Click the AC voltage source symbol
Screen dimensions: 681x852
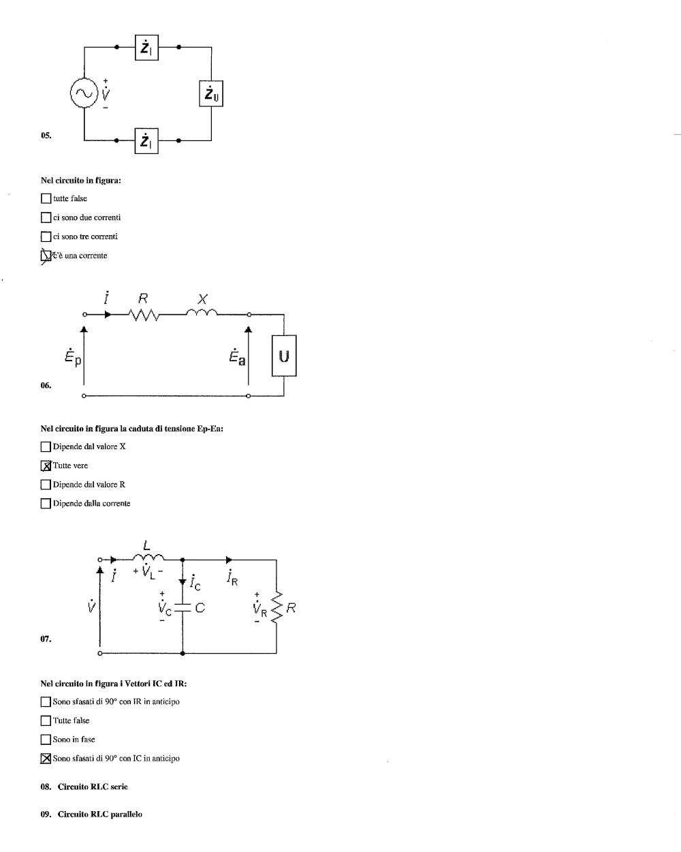point(84,93)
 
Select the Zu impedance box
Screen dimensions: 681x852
point(211,93)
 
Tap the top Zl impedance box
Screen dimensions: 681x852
point(146,48)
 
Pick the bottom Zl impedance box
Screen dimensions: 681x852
point(146,140)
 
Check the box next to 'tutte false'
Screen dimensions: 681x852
point(46,198)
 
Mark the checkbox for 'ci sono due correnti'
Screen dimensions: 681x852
point(46,217)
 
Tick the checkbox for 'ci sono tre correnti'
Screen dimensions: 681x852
point(46,237)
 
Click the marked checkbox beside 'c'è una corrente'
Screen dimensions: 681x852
point(46,256)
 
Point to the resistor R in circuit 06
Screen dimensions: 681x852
point(143,315)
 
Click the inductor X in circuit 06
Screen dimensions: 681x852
point(202,312)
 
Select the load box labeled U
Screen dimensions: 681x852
point(284,356)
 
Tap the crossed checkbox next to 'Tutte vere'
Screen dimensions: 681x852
point(46,466)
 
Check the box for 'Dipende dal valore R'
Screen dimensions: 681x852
point(46,485)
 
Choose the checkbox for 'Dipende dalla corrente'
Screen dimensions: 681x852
point(46,504)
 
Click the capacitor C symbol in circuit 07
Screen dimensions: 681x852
point(183,608)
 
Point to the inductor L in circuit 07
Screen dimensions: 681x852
point(148,557)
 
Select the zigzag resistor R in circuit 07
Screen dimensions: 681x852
point(276,607)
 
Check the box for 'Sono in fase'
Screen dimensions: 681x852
point(46,740)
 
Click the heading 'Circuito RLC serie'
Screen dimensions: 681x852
point(93,787)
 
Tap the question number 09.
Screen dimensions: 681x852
point(46,814)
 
